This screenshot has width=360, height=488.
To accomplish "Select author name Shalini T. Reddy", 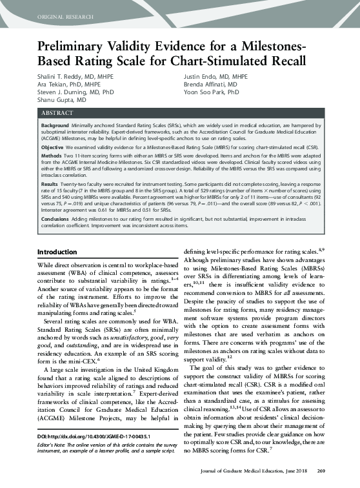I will point(67,76).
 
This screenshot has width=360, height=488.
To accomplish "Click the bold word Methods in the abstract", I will point(52,157).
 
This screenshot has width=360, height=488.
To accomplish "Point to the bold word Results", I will point(50,185).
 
